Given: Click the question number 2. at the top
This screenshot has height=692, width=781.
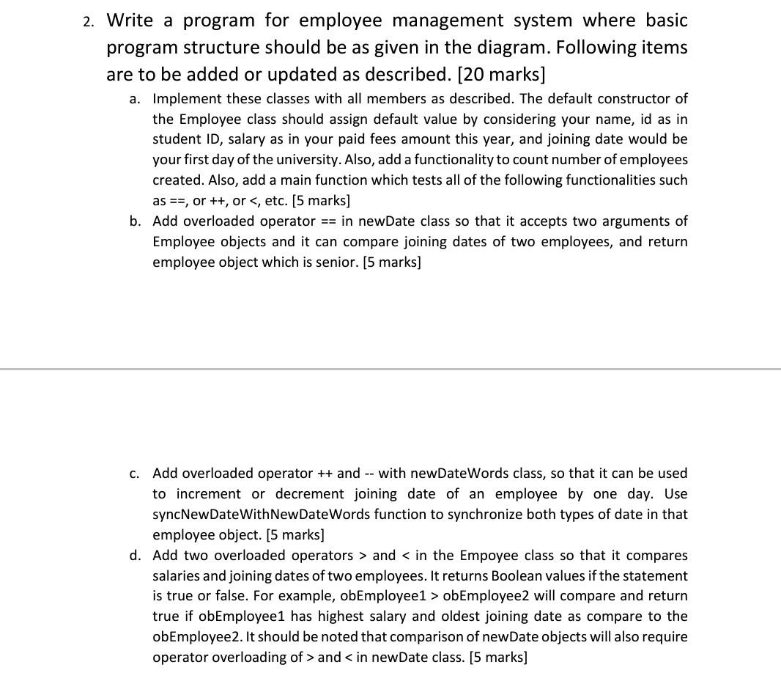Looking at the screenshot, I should [x=88, y=21].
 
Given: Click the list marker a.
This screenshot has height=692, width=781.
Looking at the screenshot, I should [x=136, y=99].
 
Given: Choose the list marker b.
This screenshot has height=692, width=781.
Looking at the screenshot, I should [x=136, y=221].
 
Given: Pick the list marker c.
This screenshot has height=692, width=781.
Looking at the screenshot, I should [x=135, y=474].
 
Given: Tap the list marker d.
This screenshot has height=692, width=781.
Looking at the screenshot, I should [x=136, y=556].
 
